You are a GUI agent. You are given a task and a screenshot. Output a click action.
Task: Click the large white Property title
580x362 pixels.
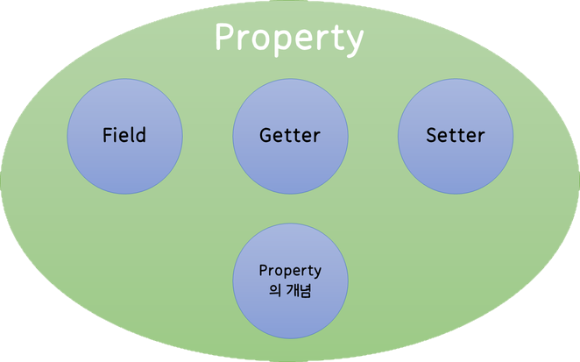point(289,38)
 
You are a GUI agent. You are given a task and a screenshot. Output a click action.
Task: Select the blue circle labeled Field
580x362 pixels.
point(124,137)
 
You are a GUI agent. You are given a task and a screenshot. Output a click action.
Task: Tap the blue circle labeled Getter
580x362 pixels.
point(290,137)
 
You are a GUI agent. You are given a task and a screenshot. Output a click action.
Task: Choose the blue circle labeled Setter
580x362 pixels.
point(456,137)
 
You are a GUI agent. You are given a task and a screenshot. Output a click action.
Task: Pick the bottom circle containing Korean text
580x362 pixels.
point(290,281)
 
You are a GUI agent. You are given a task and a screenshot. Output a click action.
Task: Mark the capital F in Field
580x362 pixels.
point(107,136)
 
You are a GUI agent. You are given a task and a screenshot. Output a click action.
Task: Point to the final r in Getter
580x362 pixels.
point(317,138)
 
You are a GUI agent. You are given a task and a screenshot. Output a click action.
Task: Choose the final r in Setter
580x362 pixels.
point(482,138)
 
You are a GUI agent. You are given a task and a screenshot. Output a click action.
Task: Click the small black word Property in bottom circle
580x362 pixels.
point(290,271)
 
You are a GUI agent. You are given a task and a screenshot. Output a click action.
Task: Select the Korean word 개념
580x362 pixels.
point(299,291)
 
